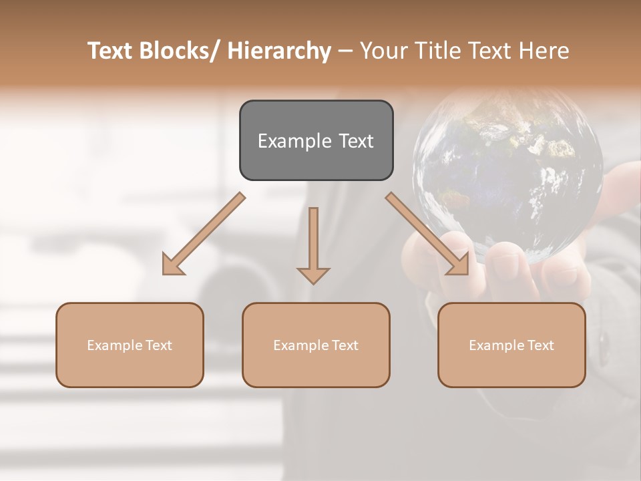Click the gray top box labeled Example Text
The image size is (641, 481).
click(x=316, y=140)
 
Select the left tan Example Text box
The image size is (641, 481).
click(x=130, y=345)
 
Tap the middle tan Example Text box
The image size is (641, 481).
click(x=316, y=345)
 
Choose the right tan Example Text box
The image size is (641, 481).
click(x=511, y=345)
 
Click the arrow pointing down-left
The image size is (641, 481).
click(x=204, y=234)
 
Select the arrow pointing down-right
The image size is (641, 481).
click(x=427, y=234)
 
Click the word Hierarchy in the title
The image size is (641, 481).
click(x=279, y=51)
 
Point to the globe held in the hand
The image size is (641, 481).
click(x=507, y=174)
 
